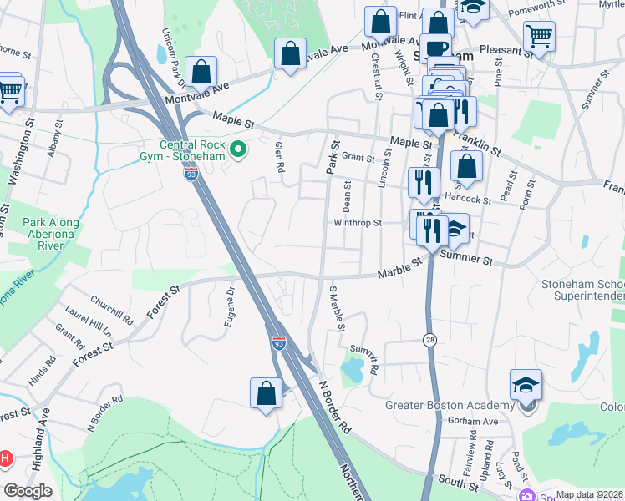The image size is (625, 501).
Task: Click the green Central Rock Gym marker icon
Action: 238,150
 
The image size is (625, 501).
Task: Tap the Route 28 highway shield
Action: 429,340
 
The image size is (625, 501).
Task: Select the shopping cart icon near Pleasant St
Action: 539,37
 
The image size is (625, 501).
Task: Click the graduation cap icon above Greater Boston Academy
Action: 526,386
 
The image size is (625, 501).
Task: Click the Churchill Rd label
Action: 112,311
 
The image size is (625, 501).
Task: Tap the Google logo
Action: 28,491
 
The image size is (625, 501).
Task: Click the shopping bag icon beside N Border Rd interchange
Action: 266,394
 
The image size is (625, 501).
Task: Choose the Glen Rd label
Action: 279,157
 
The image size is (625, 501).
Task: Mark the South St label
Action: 457,483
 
